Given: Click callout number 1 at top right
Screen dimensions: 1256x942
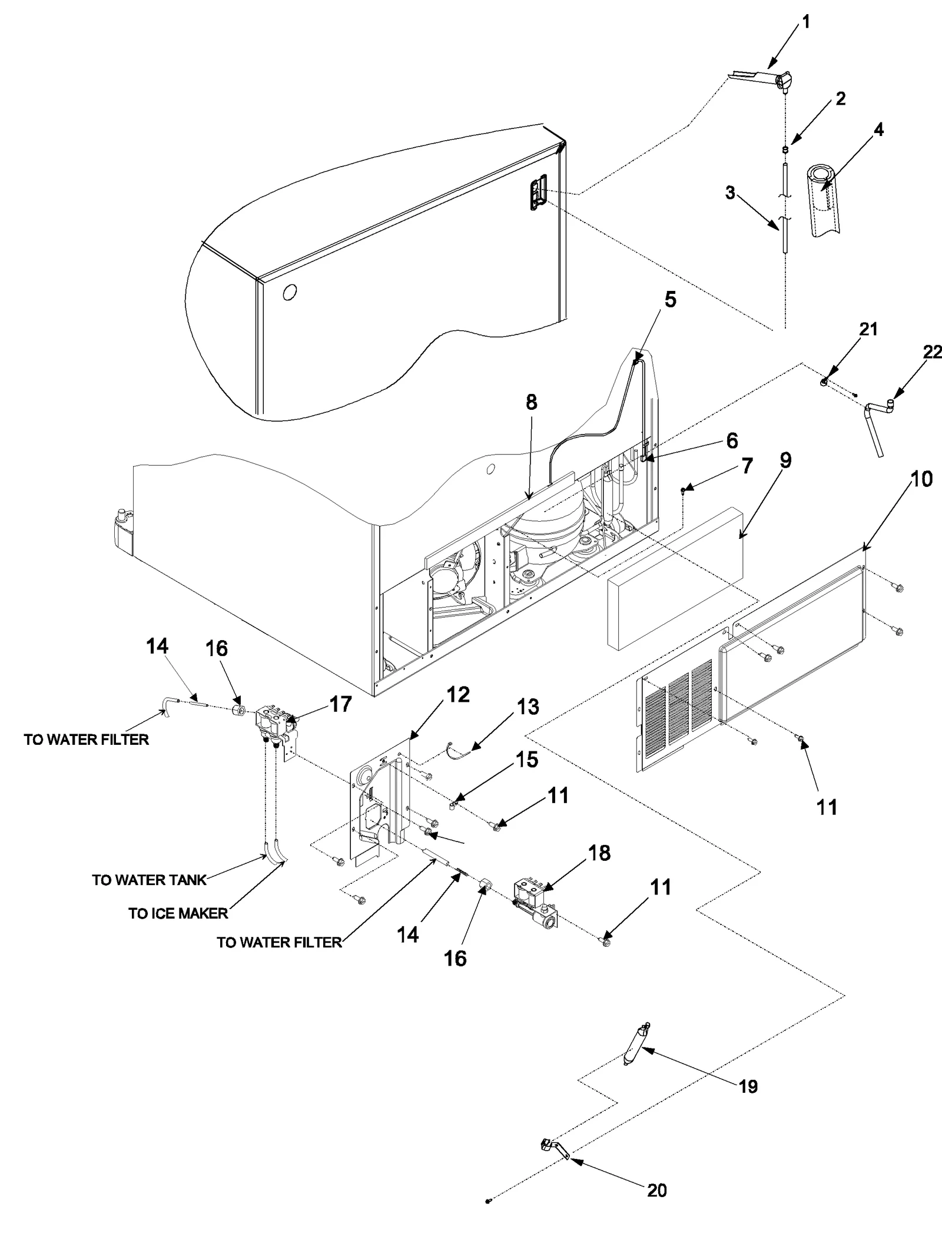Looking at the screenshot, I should click(x=806, y=22).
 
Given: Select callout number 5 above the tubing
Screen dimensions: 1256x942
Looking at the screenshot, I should click(x=671, y=300).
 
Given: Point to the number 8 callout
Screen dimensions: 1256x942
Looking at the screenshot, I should click(x=532, y=402).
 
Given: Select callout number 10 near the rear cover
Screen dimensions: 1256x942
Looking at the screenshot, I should click(x=921, y=479).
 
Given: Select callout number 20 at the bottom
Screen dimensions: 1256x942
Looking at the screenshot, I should click(x=657, y=1189).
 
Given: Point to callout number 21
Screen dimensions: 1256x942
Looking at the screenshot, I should click(x=868, y=329).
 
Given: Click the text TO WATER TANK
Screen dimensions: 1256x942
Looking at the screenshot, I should click(x=149, y=880).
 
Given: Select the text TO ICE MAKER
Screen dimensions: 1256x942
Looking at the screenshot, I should click(x=178, y=913).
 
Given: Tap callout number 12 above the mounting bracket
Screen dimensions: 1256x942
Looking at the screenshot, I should click(x=457, y=695).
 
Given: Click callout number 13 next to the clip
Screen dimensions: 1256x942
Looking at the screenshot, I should click(x=528, y=706).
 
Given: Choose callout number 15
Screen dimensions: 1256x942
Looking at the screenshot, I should click(x=528, y=759).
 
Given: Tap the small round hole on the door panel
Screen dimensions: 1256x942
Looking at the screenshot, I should click(x=289, y=292).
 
